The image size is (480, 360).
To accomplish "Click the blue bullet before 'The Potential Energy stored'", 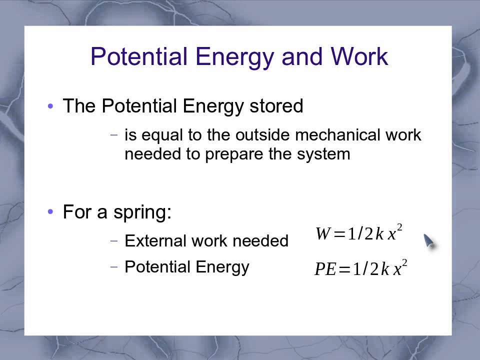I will pyautogui.click(x=50, y=106).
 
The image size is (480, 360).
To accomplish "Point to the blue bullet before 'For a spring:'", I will pyautogui.click(x=50, y=212).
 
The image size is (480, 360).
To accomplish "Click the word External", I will pyautogui.click(x=152, y=241).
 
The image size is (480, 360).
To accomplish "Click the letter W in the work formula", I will pyautogui.click(x=323, y=234).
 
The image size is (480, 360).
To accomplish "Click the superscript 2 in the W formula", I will pyautogui.click(x=399, y=228).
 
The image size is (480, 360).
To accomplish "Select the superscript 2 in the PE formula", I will pyautogui.click(x=404, y=263).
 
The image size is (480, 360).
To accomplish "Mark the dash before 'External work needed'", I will pyautogui.click(x=114, y=241).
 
